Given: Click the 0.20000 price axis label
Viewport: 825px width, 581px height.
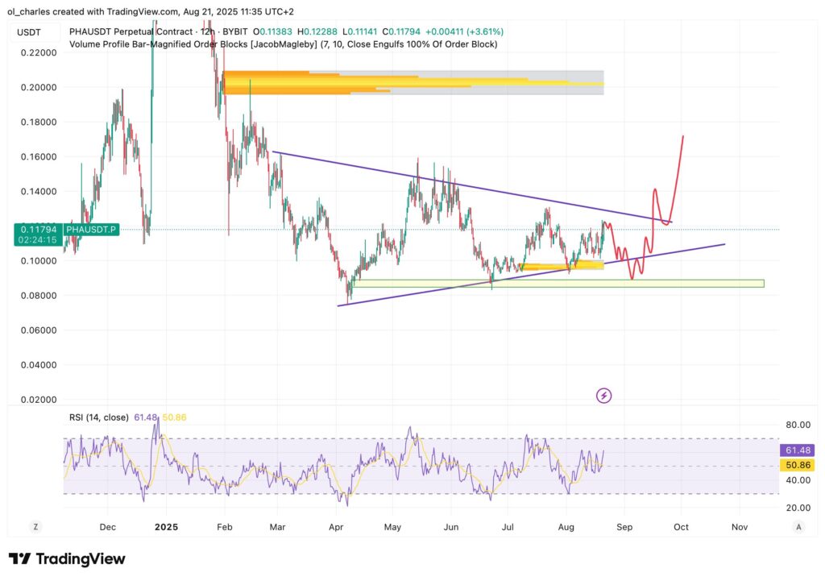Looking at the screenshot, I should click(x=38, y=87).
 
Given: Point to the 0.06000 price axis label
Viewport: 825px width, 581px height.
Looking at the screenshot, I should click(x=38, y=330).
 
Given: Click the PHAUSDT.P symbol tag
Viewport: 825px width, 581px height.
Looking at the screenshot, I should click(x=92, y=230).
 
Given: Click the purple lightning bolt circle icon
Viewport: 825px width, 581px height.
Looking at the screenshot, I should click(x=603, y=396).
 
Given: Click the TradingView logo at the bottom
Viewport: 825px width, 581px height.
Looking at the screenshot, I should click(x=67, y=559).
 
